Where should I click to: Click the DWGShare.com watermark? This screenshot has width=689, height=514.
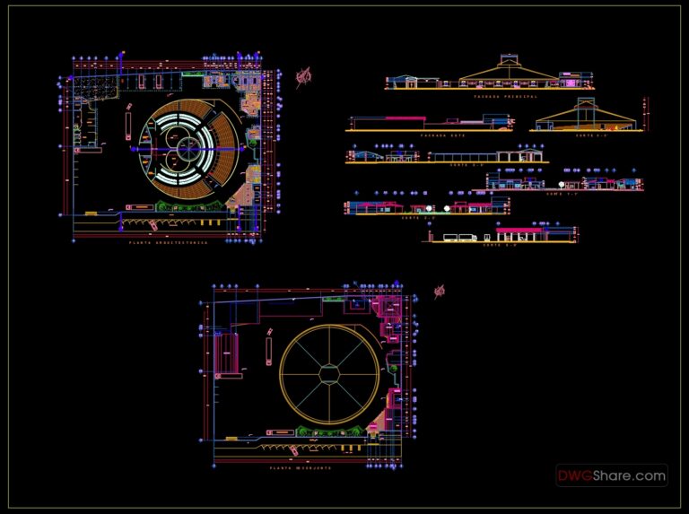(x=611, y=475)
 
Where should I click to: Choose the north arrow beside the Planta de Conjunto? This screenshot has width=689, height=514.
(x=440, y=291)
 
